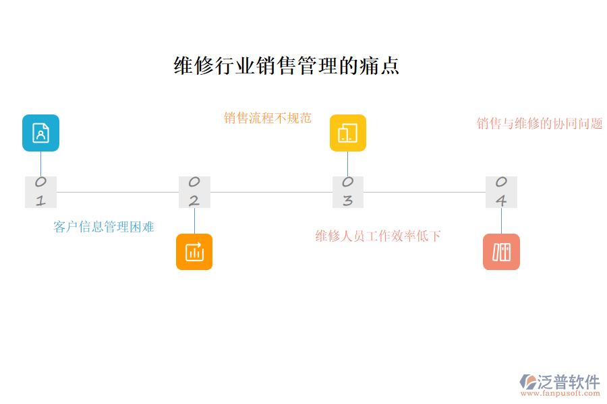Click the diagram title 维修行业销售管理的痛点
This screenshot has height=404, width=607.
point(287,65)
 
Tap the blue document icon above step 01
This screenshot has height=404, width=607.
point(40,133)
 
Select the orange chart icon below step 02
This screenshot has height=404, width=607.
point(194,252)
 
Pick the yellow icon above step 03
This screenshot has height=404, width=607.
point(347,133)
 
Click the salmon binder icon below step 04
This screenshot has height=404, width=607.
point(501,252)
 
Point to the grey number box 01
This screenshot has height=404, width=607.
point(40,192)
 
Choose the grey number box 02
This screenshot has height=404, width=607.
point(194,192)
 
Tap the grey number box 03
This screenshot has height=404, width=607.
point(347,192)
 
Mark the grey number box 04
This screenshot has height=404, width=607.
point(501,192)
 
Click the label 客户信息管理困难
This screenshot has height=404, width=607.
point(104,227)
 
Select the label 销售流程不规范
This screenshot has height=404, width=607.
point(268,118)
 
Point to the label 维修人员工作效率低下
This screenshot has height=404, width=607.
point(378,236)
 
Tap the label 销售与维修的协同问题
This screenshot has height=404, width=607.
point(540,124)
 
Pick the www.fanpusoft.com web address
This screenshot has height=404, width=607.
point(563,395)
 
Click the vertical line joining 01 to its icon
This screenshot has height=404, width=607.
point(40,164)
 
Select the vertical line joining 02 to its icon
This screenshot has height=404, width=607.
point(194,220)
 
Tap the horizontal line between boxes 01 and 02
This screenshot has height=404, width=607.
point(117,192)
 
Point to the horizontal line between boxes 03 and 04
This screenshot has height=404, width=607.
point(424,192)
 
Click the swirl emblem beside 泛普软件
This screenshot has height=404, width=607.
point(527,382)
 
